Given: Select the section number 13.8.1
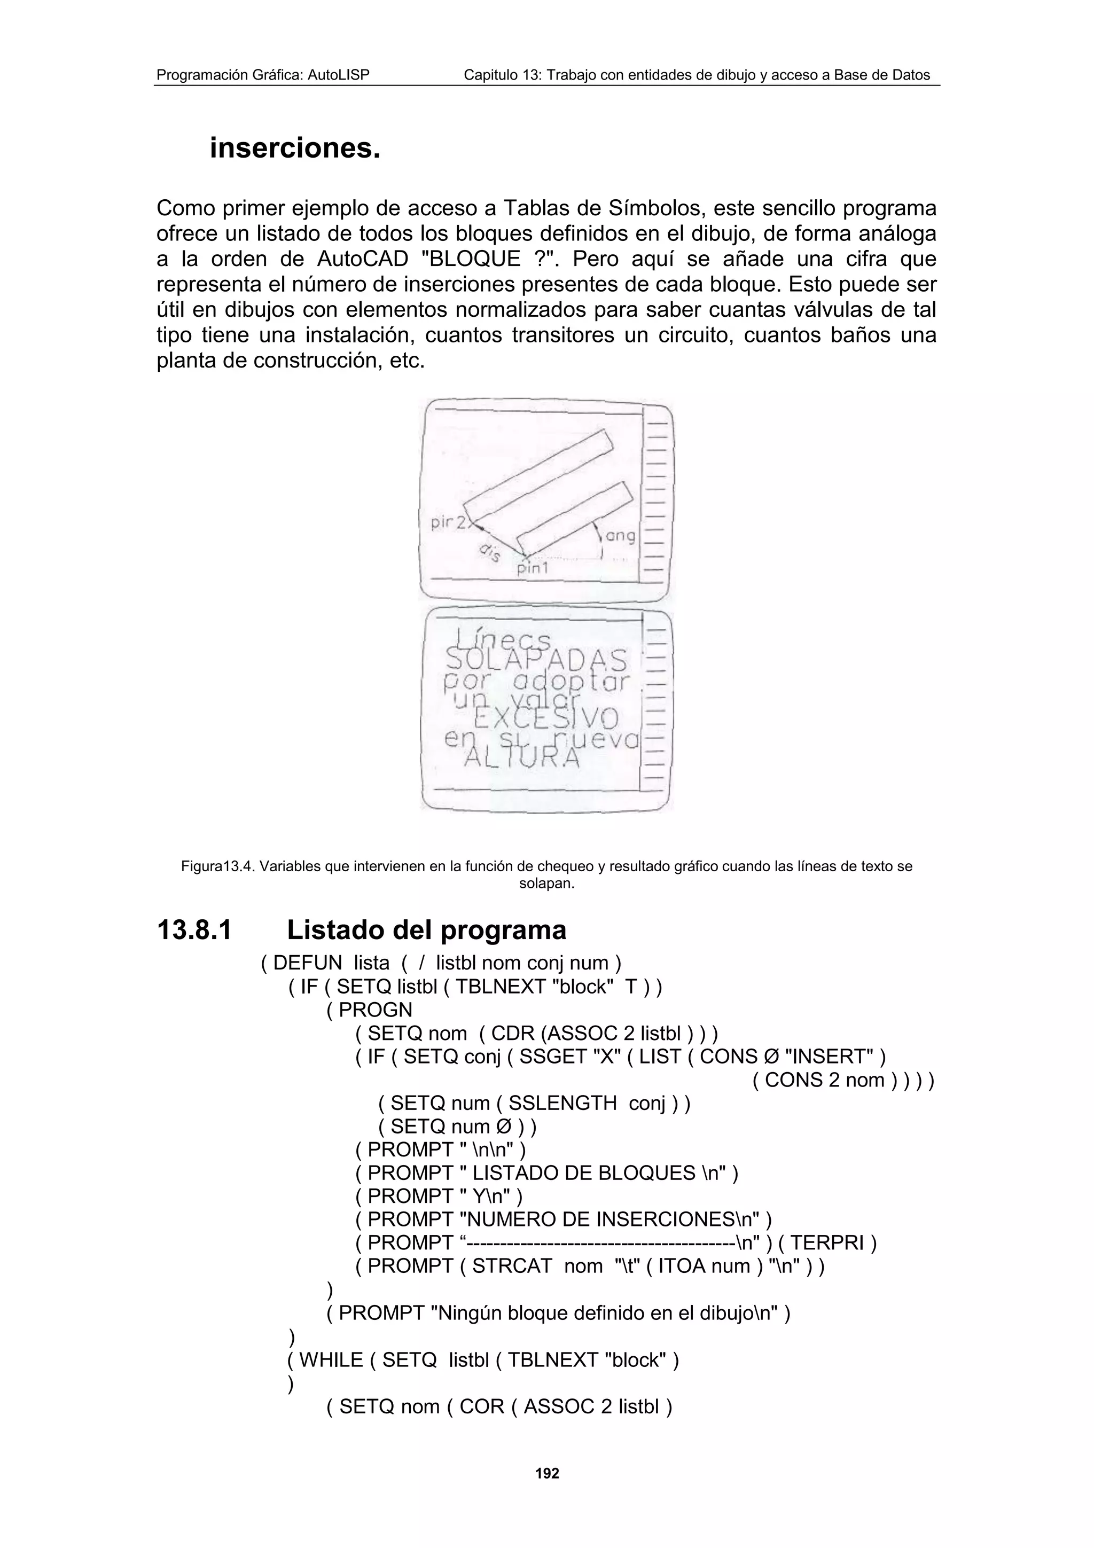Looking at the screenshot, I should [x=194, y=931].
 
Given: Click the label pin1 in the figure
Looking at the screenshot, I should [x=533, y=568].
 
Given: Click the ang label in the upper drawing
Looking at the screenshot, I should [x=620, y=536].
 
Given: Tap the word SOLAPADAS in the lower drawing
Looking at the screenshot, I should [x=536, y=659].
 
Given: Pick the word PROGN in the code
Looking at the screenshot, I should [x=376, y=1010].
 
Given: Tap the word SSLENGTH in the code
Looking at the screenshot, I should [x=562, y=1103].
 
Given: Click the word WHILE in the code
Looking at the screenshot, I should [x=331, y=1360].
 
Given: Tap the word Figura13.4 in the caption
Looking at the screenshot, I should [x=218, y=866].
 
